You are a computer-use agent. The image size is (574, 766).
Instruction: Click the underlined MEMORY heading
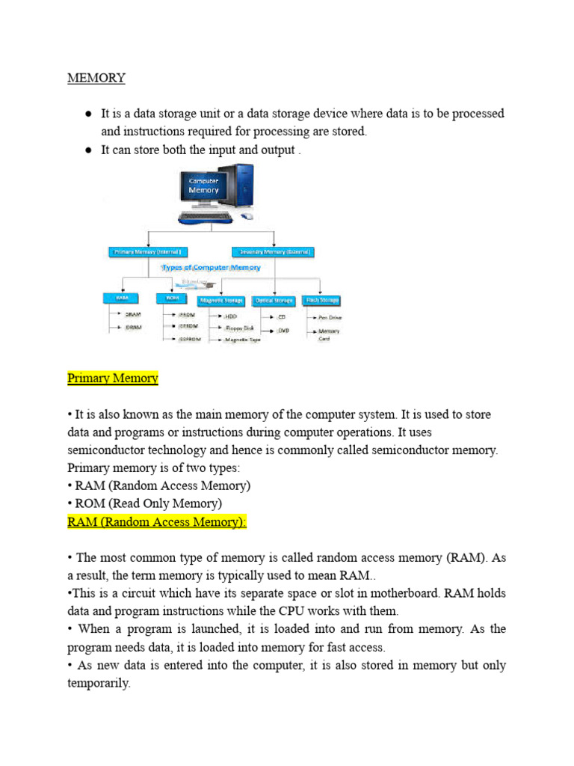pyautogui.click(x=96, y=78)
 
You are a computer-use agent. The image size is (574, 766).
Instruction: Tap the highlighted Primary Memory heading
pyautogui.click(x=113, y=378)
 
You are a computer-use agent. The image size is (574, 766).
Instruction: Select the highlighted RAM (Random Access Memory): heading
pyautogui.click(x=157, y=522)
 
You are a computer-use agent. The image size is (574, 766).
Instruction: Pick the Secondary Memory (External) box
pyautogui.click(x=273, y=252)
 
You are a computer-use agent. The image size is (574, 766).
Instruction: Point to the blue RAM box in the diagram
pyautogui.click(x=122, y=298)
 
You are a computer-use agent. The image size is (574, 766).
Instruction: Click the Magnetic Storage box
pyautogui.click(x=222, y=301)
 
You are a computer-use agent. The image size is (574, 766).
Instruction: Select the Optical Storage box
pyautogui.click(x=273, y=301)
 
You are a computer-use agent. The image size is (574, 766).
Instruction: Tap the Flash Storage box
pyautogui.click(x=322, y=301)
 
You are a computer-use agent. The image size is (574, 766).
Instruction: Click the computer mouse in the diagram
pyautogui.click(x=247, y=216)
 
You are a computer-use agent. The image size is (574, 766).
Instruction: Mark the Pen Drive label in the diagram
pyautogui.click(x=330, y=317)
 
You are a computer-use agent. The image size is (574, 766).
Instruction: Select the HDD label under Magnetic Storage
pyautogui.click(x=230, y=317)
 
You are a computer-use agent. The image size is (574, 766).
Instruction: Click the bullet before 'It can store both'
pyautogui.click(x=87, y=150)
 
